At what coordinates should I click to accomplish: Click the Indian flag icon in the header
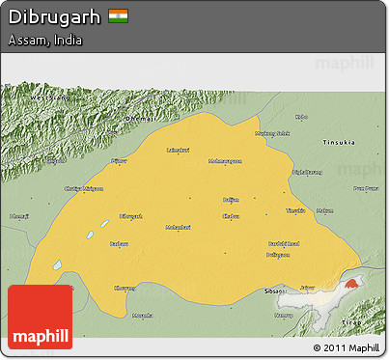[119, 16]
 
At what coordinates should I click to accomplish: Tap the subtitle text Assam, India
[44, 41]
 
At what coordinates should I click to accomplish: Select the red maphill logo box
[40, 318]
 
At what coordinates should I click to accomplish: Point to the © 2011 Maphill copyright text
[346, 347]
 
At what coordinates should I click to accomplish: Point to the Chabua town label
[230, 216]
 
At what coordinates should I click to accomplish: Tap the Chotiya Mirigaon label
[83, 188]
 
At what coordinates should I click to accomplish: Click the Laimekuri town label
[178, 150]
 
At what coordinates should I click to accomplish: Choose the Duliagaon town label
[278, 254]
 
